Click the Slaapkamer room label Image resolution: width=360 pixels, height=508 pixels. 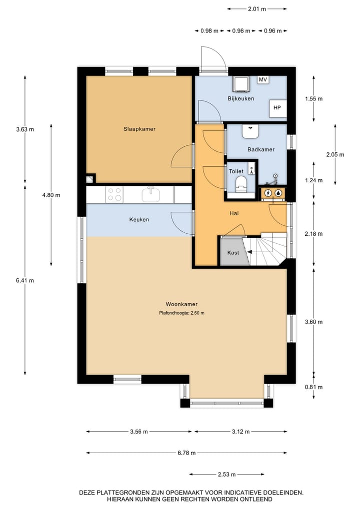[139, 129]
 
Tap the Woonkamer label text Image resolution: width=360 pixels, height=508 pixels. [181, 304]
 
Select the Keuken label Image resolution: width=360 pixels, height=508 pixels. [139, 219]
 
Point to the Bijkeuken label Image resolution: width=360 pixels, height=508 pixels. [241, 98]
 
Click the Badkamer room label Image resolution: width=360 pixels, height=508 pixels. [261, 149]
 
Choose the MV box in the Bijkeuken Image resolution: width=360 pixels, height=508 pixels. [263, 80]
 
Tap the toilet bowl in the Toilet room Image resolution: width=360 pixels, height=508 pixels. [241, 183]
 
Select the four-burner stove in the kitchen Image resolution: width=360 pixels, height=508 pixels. [114, 194]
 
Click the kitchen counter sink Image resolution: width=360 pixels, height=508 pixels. [150, 193]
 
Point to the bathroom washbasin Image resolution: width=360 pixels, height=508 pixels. [250, 131]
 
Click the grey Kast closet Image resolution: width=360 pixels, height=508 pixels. [233, 253]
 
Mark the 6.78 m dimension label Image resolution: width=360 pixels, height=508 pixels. [186, 453]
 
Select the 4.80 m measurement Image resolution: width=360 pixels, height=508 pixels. [51, 195]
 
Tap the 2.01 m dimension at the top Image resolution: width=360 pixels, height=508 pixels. [257, 8]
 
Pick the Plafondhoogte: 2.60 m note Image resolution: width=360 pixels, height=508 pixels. [181, 313]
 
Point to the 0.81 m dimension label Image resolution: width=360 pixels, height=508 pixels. [314, 387]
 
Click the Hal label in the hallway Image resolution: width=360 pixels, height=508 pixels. [233, 213]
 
